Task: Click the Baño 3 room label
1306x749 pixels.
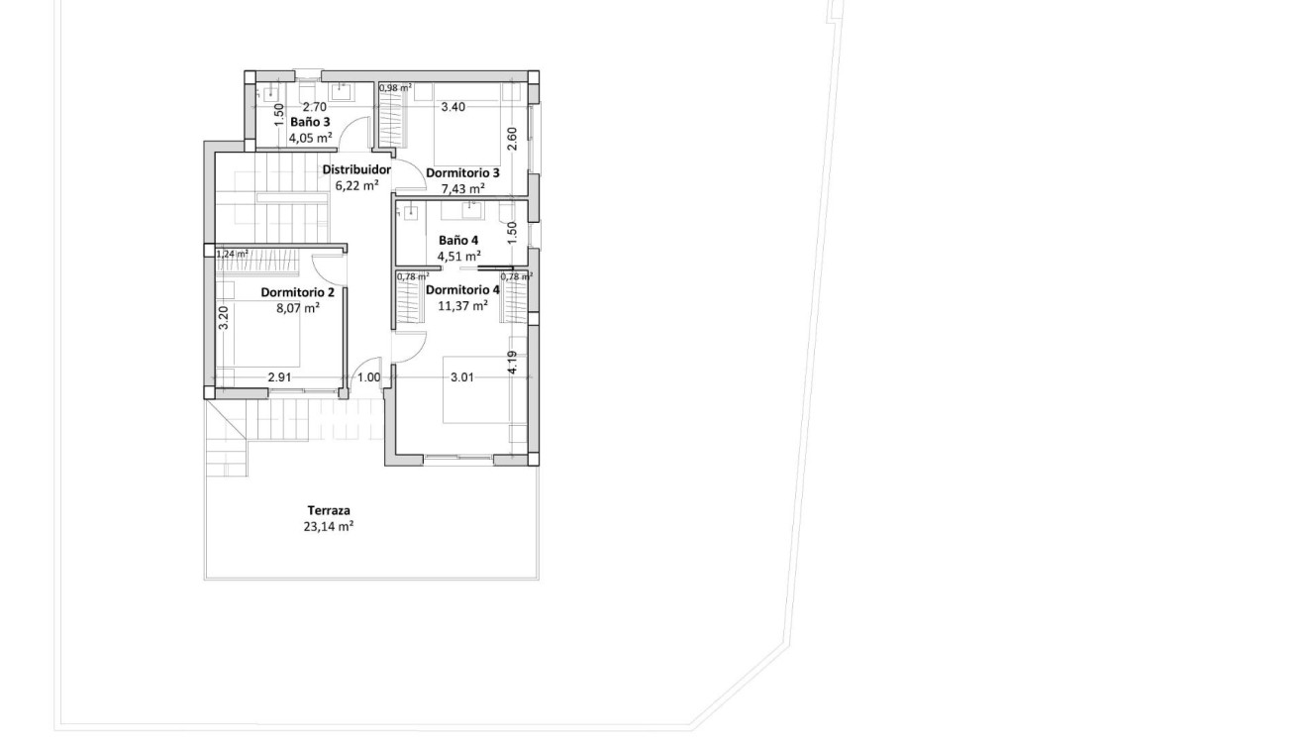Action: pyautogui.click(x=310, y=122)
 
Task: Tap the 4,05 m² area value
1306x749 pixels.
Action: pyautogui.click(x=309, y=138)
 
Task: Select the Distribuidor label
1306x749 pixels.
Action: pyautogui.click(x=356, y=169)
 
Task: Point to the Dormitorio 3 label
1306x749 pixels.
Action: pyautogui.click(x=462, y=172)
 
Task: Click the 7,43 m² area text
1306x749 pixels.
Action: pyautogui.click(x=462, y=188)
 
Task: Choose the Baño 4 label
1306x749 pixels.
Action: pyautogui.click(x=458, y=240)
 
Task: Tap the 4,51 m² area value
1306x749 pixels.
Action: pyautogui.click(x=458, y=256)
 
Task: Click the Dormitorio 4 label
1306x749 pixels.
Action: pyautogui.click(x=462, y=290)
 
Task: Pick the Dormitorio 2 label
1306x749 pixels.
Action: pyautogui.click(x=298, y=292)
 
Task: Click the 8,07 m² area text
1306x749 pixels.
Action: pyautogui.click(x=298, y=308)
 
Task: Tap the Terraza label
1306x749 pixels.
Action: pyautogui.click(x=328, y=511)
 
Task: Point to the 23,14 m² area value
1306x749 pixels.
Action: pyautogui.click(x=328, y=527)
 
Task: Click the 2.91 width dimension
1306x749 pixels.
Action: pyautogui.click(x=280, y=377)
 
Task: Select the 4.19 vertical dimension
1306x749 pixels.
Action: pyautogui.click(x=512, y=363)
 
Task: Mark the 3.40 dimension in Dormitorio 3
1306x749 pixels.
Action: pyautogui.click(x=452, y=107)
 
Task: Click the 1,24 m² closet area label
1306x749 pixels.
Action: pyautogui.click(x=232, y=254)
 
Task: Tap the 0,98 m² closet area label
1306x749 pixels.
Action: pyautogui.click(x=394, y=88)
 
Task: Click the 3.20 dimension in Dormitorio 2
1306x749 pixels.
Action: pyautogui.click(x=224, y=317)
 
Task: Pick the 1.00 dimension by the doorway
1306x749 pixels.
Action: pyautogui.click(x=368, y=377)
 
